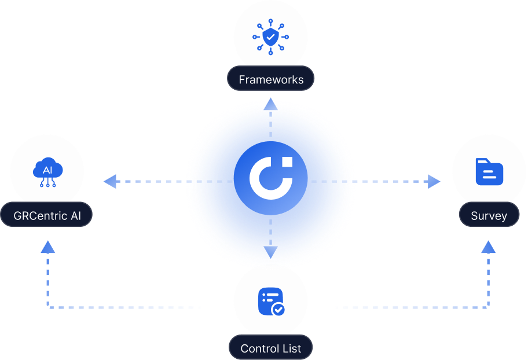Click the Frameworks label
point(271,79)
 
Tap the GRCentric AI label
point(47,216)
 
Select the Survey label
point(489,216)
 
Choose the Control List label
point(271,348)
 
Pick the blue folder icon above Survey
point(489,171)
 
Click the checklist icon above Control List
point(270,300)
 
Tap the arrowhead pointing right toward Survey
point(434,182)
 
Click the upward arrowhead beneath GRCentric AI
point(48,247)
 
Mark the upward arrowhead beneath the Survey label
point(489,247)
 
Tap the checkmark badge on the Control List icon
point(278,310)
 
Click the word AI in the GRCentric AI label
point(76,216)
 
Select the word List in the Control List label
point(291,348)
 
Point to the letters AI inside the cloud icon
point(47,170)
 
